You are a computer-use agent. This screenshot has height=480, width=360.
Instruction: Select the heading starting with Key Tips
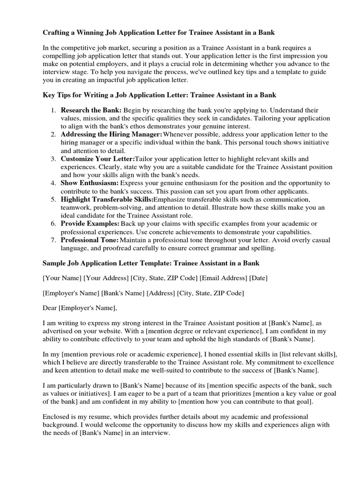[159, 95]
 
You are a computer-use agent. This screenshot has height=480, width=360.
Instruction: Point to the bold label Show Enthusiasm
[90, 183]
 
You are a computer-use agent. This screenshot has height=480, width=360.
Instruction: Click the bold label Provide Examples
[90, 224]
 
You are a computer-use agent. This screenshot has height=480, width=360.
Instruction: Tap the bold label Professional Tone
[89, 240]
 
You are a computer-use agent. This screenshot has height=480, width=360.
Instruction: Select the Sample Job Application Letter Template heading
[150, 263]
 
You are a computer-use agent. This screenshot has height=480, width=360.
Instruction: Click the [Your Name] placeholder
[62, 278]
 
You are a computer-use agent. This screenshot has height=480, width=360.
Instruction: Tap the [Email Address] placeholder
[223, 278]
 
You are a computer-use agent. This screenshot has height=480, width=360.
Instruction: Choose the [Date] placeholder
[258, 278]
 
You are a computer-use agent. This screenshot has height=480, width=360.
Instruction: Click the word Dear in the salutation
[50, 308]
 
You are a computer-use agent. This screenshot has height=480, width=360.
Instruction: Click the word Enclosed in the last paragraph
[56, 416]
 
